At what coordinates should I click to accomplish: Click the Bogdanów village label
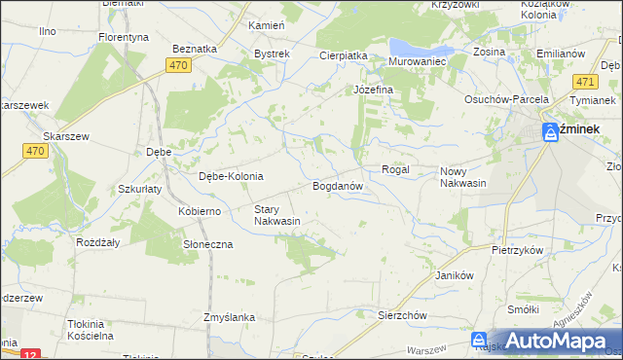coord(338,185)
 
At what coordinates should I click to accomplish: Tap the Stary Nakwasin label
coord(276,215)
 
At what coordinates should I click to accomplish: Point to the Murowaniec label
coord(417,60)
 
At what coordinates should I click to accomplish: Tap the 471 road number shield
coord(585,83)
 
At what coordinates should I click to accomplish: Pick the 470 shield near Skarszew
coord(35,151)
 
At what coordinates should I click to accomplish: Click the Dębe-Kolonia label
coord(231,176)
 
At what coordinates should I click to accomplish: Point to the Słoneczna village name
coord(208,244)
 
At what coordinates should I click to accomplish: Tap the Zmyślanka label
coord(229,317)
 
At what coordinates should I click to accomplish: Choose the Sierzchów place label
coord(403,315)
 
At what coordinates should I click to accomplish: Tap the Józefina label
coord(373,90)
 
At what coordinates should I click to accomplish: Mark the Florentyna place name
coord(124,37)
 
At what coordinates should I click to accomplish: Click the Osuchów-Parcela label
coord(507,98)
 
